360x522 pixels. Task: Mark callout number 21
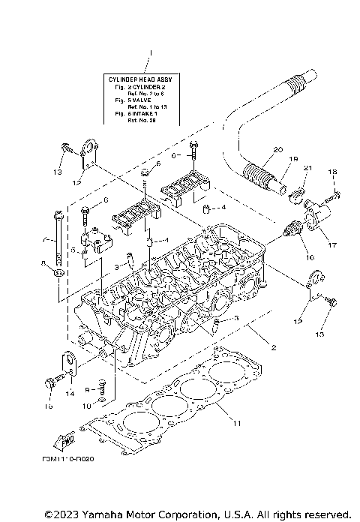click(x=307, y=167)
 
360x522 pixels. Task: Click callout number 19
click(x=294, y=159)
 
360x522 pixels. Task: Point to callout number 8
click(x=43, y=262)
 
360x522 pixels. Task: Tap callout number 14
click(x=70, y=393)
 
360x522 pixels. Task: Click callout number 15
click(x=49, y=407)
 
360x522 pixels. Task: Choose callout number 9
click(x=88, y=390)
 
